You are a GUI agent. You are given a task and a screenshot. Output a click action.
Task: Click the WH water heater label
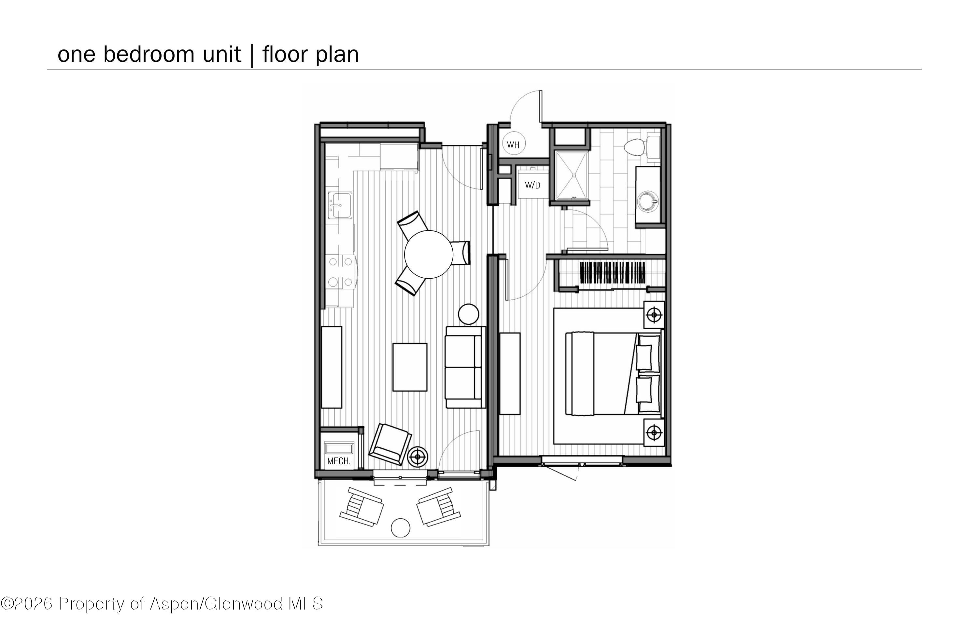point(513,145)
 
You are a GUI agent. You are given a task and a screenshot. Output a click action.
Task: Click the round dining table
point(429,254)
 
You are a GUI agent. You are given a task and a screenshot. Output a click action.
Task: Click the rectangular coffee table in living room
point(410,367)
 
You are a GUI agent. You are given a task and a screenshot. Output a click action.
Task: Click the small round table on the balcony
point(400,528)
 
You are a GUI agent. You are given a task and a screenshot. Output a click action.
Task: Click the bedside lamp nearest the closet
point(654,315)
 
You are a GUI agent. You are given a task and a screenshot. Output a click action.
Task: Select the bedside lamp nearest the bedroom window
point(654,432)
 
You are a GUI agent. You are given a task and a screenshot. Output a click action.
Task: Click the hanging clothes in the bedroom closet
point(613,273)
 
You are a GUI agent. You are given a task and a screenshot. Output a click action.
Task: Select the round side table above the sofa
point(468,314)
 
